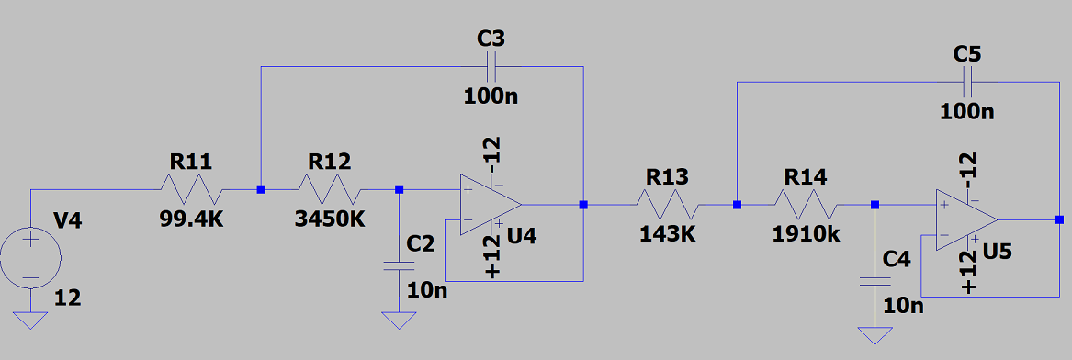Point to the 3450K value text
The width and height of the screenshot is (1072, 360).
330,219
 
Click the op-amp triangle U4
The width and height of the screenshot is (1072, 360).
491,204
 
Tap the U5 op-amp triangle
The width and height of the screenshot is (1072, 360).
966,220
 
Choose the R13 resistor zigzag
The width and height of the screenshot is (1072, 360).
667,204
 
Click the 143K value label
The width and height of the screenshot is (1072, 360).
667,234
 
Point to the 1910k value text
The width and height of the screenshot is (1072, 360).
806,234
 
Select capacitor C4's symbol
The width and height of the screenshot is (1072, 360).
875,281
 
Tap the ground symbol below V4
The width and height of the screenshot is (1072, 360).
30,320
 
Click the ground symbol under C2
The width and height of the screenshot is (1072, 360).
400,320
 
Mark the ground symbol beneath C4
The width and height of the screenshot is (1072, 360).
875,335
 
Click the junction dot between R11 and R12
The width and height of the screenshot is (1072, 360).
261,189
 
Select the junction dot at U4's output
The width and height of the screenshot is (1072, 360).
583,204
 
